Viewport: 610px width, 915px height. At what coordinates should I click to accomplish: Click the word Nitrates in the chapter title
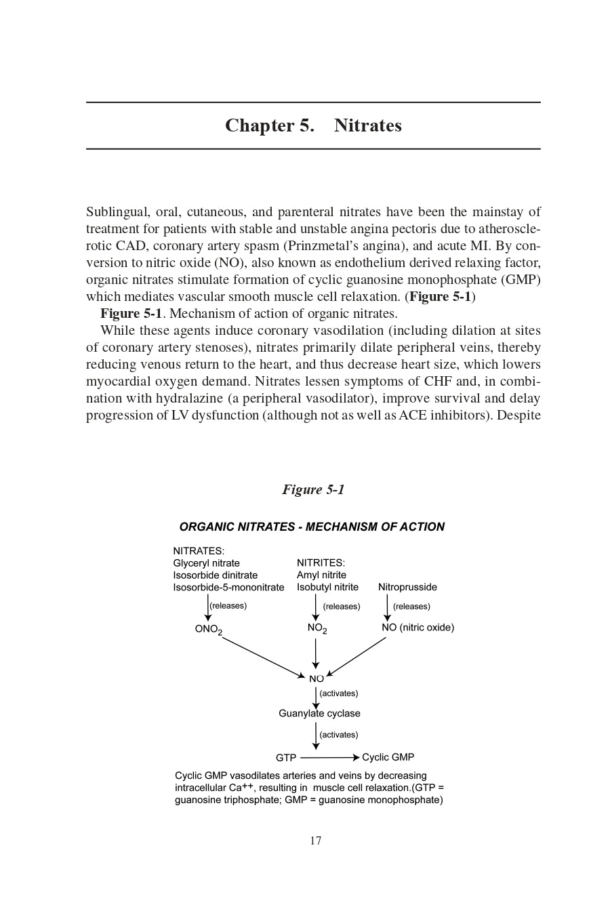point(367,126)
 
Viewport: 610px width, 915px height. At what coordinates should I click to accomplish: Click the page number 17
point(316,840)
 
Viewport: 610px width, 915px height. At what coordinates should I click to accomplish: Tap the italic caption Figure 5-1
point(313,489)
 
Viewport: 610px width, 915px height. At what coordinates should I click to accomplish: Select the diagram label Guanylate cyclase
point(319,713)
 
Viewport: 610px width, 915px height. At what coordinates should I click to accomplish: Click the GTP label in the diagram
point(286,758)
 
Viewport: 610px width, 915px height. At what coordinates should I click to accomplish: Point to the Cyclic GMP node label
point(388,757)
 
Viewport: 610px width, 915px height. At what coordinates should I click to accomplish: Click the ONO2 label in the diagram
point(208,629)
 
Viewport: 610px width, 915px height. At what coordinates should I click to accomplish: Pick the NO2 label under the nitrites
point(317,628)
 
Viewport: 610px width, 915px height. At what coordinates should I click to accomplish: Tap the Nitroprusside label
point(407,587)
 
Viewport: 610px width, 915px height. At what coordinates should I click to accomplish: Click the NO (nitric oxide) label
point(418,628)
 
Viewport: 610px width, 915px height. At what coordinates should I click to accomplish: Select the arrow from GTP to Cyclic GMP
point(329,758)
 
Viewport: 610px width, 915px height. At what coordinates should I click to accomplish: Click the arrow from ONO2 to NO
point(263,657)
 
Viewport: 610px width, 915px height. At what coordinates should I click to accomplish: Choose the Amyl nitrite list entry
point(321,575)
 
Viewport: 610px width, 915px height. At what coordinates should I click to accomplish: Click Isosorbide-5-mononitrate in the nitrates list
point(228,587)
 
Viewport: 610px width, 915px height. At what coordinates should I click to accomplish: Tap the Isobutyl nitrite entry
point(327,587)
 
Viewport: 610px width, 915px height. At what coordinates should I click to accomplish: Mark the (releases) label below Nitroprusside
point(411,606)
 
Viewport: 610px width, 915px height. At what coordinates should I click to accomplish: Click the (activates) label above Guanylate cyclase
point(338,693)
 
